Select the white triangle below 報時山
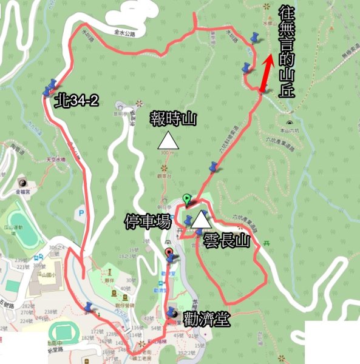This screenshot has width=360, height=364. point(168,141)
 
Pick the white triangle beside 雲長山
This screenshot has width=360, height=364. point(200,220)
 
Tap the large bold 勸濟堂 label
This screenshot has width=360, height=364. point(206,317)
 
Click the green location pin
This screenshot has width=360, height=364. point(187,198)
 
